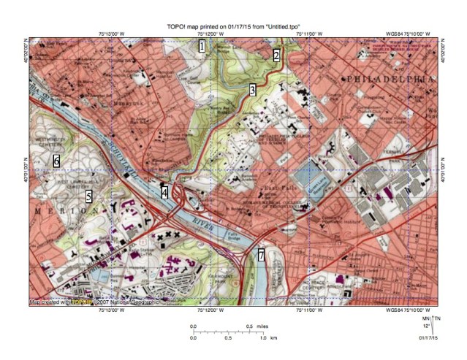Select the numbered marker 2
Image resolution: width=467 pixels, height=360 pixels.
276,55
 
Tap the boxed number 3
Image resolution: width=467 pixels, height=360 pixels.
252,90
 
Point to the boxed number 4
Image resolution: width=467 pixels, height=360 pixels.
165,192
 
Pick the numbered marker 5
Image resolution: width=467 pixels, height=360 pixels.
88,196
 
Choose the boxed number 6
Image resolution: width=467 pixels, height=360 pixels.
56,160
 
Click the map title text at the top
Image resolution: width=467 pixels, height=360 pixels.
233,27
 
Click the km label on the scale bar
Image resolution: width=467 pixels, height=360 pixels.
273,338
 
